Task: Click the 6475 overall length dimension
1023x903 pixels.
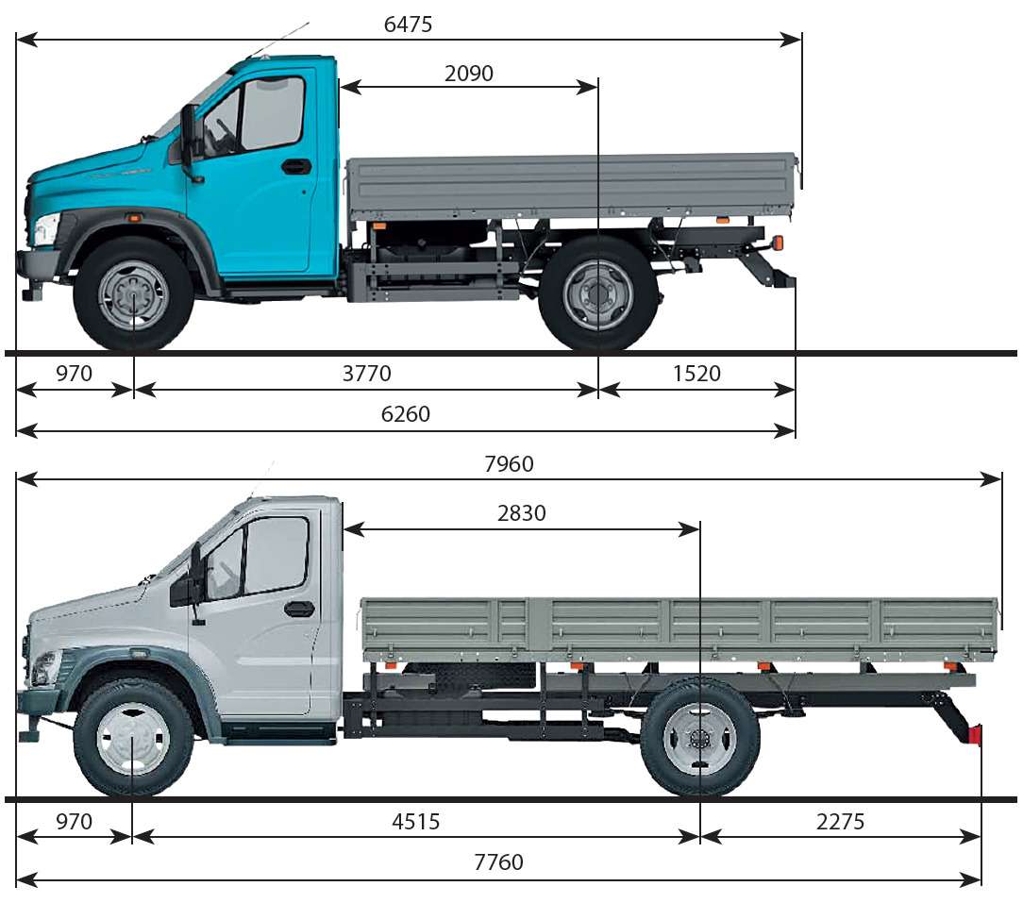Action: click(x=408, y=25)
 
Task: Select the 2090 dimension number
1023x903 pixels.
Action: click(x=468, y=73)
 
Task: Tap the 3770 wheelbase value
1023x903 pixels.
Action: click(x=367, y=374)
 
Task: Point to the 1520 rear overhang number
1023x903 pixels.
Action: click(x=696, y=374)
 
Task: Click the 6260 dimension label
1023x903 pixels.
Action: click(x=405, y=413)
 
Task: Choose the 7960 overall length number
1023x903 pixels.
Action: click(x=509, y=464)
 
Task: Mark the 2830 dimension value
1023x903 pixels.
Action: click(x=521, y=513)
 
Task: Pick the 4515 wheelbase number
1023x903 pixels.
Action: click(x=415, y=821)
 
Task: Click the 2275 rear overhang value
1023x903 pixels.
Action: click(x=840, y=821)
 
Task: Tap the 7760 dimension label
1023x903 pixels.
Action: click(x=498, y=861)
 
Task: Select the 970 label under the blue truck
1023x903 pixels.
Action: click(x=74, y=374)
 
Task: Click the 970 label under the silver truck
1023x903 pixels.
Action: click(x=74, y=821)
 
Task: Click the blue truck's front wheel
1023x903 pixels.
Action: click(x=133, y=295)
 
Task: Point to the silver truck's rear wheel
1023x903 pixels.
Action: click(x=699, y=740)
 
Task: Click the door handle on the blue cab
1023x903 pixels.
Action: click(x=296, y=166)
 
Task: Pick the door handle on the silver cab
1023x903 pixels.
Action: click(x=299, y=609)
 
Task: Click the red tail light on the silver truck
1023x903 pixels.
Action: click(x=975, y=734)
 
